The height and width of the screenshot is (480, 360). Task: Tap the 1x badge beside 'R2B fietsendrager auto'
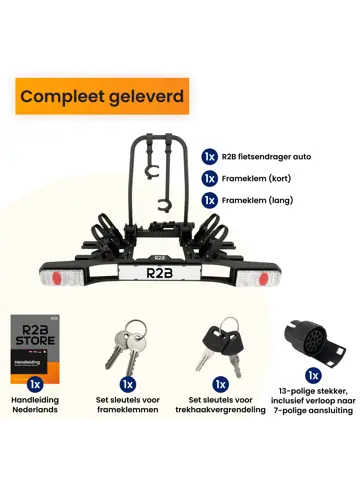209,157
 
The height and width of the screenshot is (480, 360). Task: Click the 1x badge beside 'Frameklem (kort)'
209,178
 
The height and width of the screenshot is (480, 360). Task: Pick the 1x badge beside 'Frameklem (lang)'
209,199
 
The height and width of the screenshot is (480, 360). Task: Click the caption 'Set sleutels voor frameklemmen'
129,407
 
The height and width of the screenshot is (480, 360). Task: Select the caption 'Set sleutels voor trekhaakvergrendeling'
220,407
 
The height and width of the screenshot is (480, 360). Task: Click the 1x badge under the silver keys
128,383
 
